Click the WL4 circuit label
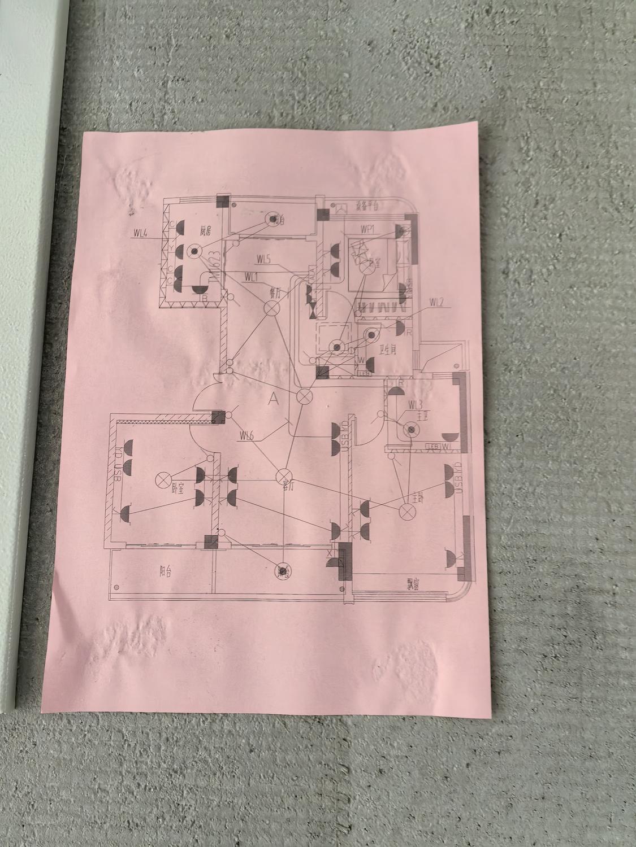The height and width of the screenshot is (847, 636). (x=141, y=232)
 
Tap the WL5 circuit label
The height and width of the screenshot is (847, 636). (x=263, y=260)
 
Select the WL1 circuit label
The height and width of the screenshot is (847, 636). (x=252, y=277)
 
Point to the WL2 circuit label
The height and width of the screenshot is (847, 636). (x=435, y=303)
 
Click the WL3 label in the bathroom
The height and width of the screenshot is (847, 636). (x=415, y=404)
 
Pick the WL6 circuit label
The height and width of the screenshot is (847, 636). (x=246, y=435)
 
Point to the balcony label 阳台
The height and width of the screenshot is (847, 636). (x=165, y=571)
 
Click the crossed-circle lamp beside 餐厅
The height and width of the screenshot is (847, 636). (x=271, y=308)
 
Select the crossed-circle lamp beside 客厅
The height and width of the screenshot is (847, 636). (x=283, y=477)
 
